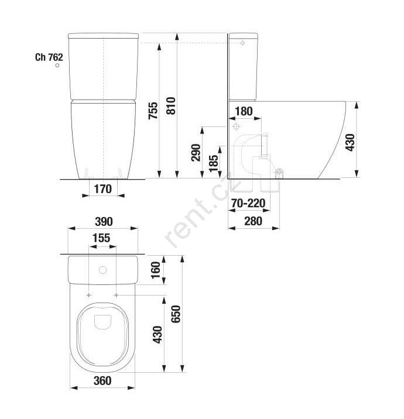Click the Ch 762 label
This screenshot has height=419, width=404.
[49, 57]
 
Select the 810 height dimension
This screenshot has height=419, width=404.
[171, 106]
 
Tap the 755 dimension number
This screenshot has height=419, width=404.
[153, 111]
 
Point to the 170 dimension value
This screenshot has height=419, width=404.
[103, 189]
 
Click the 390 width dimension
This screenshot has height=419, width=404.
[104, 222]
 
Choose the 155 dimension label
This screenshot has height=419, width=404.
[101, 238]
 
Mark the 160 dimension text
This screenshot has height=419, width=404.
[156, 270]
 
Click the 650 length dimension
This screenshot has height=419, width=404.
[176, 314]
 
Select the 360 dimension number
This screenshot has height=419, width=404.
[102, 381]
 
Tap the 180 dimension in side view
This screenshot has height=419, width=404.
[244, 111]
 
